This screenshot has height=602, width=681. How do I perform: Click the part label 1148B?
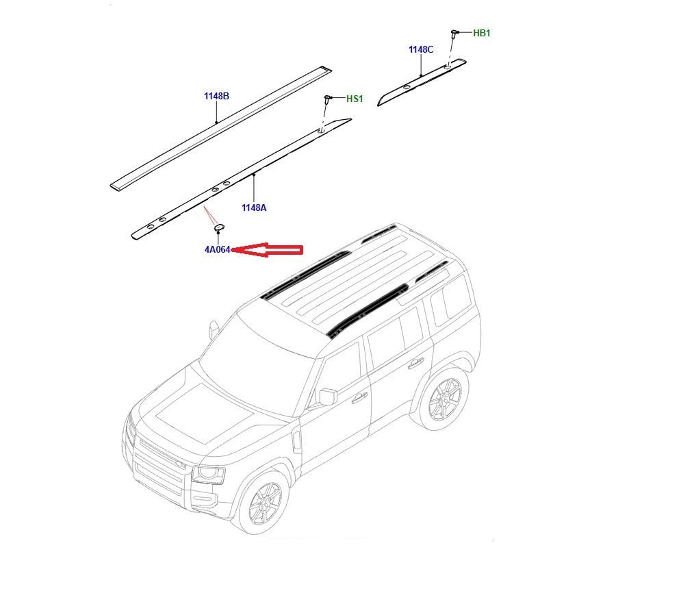point(216,96)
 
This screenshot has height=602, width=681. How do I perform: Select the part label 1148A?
point(254,208)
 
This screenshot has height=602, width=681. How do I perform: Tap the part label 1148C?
point(421,49)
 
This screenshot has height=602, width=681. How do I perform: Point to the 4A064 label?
point(217,249)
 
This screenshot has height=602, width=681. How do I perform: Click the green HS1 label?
point(355,99)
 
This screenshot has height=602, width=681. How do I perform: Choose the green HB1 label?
point(482,33)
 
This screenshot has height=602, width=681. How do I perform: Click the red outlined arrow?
point(267,249)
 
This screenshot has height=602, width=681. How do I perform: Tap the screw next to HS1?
point(327,99)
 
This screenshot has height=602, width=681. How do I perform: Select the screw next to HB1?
point(454,34)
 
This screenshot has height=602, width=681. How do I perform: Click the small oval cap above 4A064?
point(218,227)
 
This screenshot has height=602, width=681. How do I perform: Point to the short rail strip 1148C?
point(422,82)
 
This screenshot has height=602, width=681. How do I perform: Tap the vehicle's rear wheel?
point(444,398)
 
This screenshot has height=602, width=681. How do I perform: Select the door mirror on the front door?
point(328,397)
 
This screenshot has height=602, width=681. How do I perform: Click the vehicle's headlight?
point(207,475)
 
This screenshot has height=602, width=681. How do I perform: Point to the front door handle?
point(359,397)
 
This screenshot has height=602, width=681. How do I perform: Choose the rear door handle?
point(415,362)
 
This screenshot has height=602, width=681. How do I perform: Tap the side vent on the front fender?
point(296,440)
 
